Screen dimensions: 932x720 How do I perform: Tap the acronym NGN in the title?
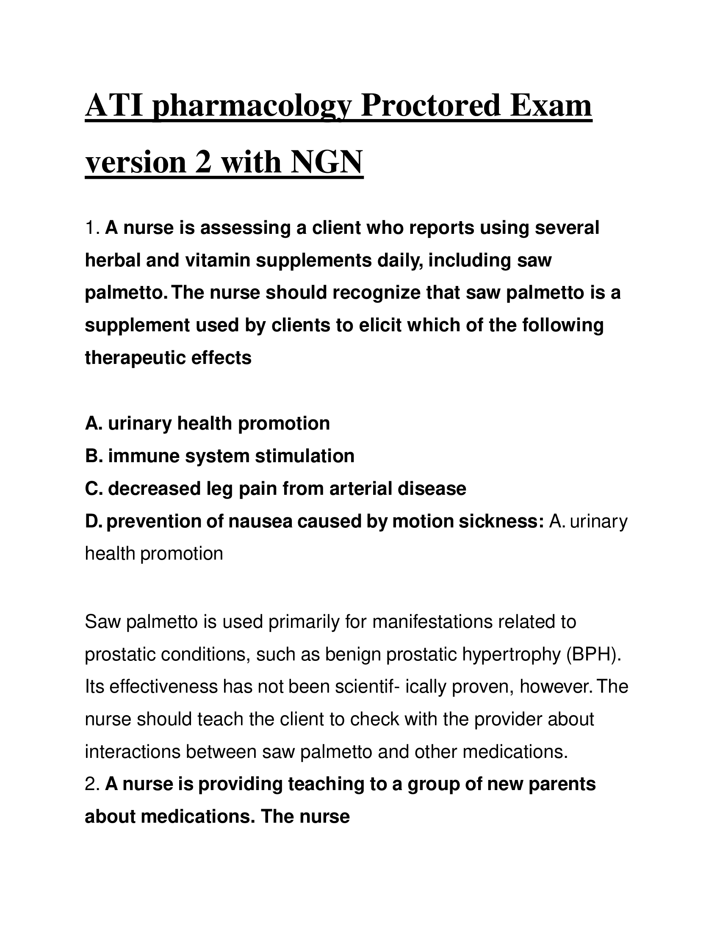(x=326, y=163)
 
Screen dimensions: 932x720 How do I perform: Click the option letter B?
(x=93, y=456)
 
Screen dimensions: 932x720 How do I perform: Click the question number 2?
(x=91, y=784)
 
